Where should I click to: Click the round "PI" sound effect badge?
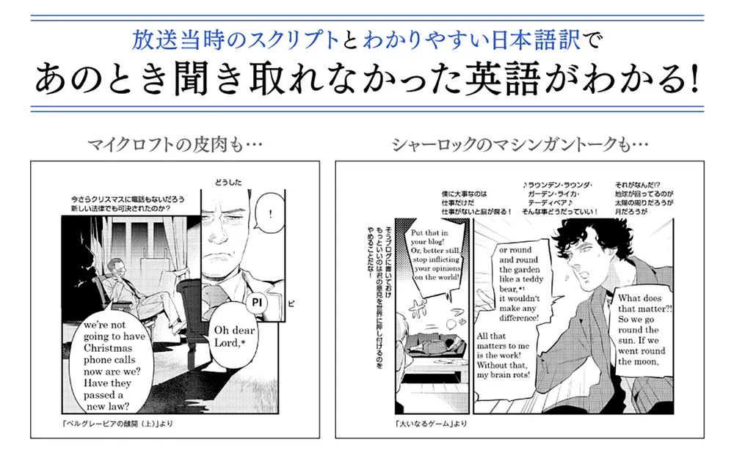click(x=256, y=302)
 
